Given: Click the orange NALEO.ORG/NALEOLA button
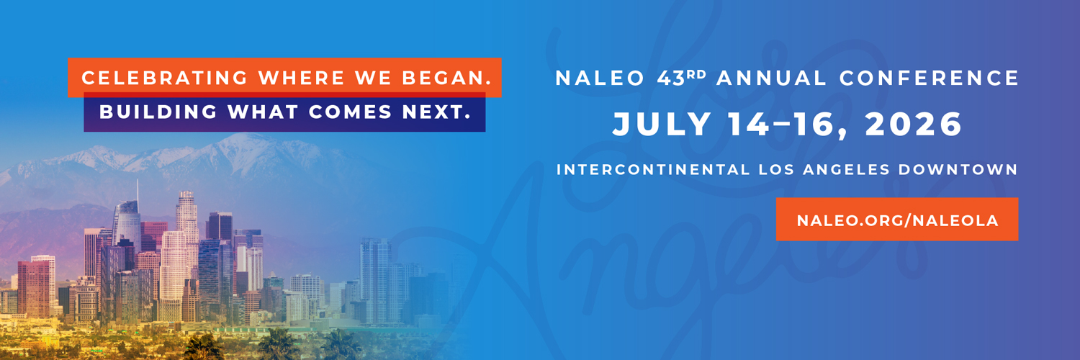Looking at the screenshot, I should click(897, 220).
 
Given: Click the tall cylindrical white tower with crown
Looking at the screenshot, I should click(186, 216).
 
